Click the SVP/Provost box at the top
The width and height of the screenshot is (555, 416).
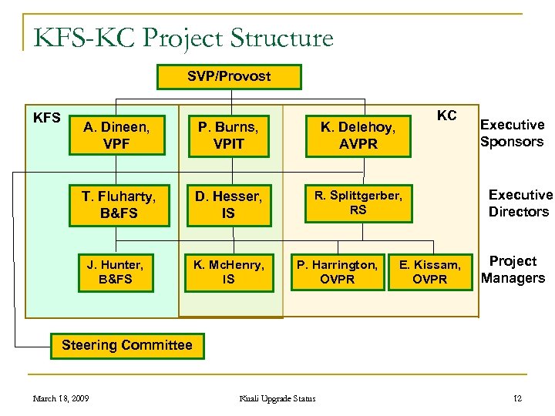coord(229,76)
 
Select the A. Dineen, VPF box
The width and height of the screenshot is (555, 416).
coord(117,136)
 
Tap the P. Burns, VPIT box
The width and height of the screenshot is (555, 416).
coord(228,136)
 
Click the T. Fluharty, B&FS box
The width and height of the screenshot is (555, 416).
coord(119,204)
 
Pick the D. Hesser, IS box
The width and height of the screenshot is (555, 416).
coord(228,204)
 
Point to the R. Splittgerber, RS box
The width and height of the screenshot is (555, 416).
coord(358,203)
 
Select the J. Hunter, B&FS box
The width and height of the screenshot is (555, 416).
coord(119,272)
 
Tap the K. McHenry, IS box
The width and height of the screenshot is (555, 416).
coord(228,272)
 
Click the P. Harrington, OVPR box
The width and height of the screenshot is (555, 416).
coord(338,272)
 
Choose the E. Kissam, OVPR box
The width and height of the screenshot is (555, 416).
coord(429,272)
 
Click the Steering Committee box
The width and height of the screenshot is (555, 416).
coord(126,345)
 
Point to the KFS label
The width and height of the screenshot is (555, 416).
coord(47,118)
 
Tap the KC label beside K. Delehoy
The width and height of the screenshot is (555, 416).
coord(446,116)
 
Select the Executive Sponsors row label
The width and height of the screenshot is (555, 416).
coord(512,133)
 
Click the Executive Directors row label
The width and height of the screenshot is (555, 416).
coord(520,203)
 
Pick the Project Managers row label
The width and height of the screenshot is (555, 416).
coord(513,270)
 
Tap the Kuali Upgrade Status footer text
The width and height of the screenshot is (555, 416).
coord(277,398)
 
